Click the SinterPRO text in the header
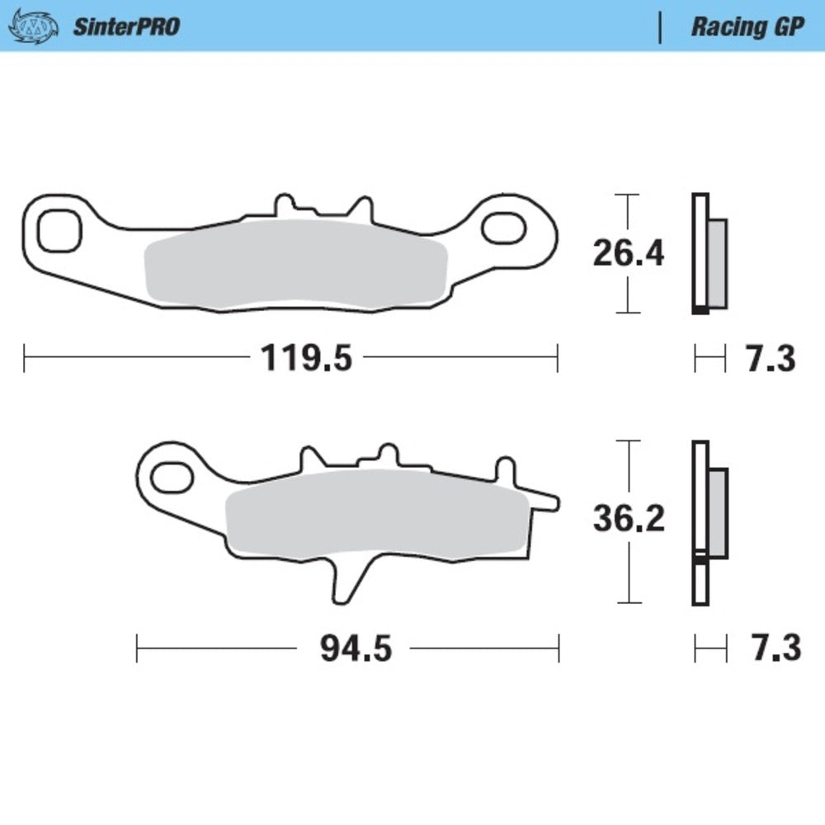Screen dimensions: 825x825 coord(126,26)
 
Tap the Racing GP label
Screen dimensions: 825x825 coord(747,26)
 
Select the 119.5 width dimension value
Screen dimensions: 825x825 coord(306,358)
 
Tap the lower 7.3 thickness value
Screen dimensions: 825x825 coord(775,648)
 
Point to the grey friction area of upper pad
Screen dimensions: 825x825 coord(295,264)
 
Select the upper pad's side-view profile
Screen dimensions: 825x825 coord(709,254)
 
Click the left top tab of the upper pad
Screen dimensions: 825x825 coord(283,205)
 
